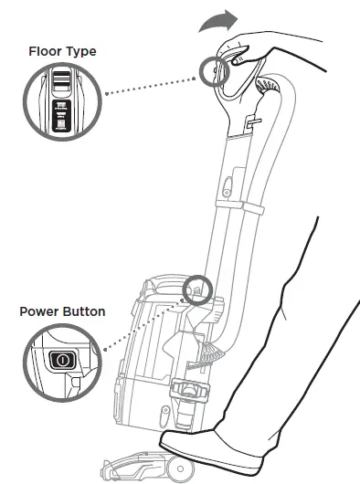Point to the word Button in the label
[x=83, y=311]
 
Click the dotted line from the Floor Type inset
[x=151, y=83]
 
